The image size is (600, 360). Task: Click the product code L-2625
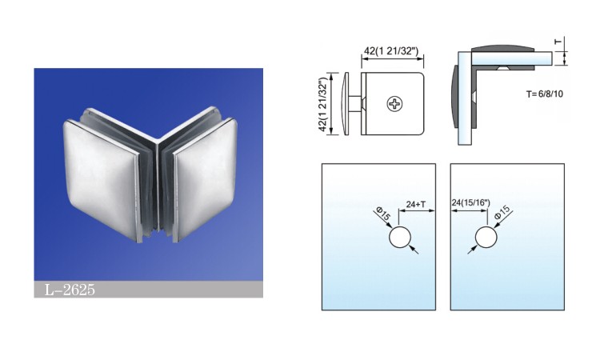coord(70,290)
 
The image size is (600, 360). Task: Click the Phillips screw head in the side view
coord(394,104)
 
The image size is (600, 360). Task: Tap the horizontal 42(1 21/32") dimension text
coord(391,51)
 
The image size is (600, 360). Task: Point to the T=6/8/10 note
coord(545,94)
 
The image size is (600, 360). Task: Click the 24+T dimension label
coord(416,204)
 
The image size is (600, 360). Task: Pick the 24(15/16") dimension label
coord(470,202)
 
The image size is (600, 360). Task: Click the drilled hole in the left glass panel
coord(400,237)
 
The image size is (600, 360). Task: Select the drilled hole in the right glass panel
coord(486,237)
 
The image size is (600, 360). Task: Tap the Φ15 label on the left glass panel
coord(383,214)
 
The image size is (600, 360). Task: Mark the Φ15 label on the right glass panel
coord(502,212)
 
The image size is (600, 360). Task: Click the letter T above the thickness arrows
coord(558,42)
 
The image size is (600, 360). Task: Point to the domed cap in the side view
coord(346,104)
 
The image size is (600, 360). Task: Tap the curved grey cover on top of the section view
coord(503,49)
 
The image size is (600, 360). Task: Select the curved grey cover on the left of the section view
coord(455,97)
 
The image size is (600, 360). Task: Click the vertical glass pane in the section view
coord(465,98)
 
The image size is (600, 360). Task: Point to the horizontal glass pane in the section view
coord(512,58)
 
